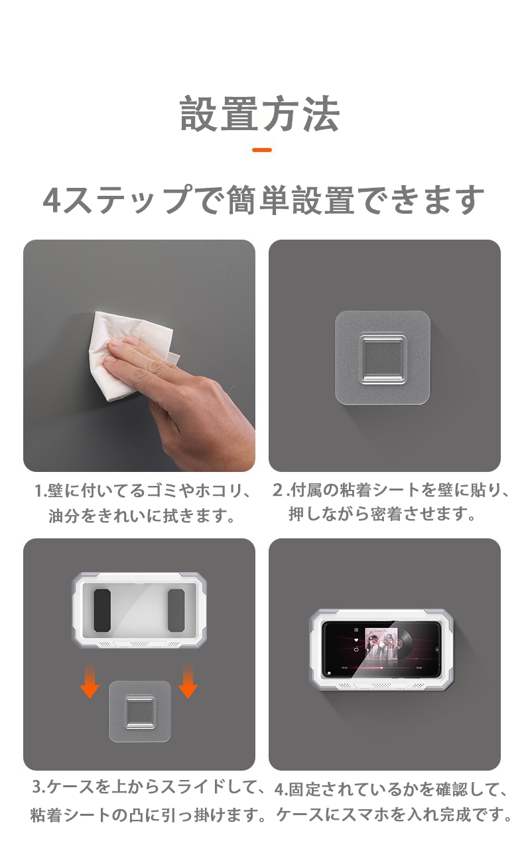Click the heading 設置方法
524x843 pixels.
(x=260, y=114)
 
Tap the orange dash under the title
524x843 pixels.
(x=262, y=150)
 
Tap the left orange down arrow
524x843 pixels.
(x=90, y=684)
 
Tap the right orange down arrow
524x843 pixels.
(x=188, y=684)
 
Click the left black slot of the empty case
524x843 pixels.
(x=102, y=609)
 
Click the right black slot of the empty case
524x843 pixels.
(x=176, y=609)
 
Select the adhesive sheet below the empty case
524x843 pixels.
(x=140, y=712)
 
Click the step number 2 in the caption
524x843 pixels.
(x=278, y=492)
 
